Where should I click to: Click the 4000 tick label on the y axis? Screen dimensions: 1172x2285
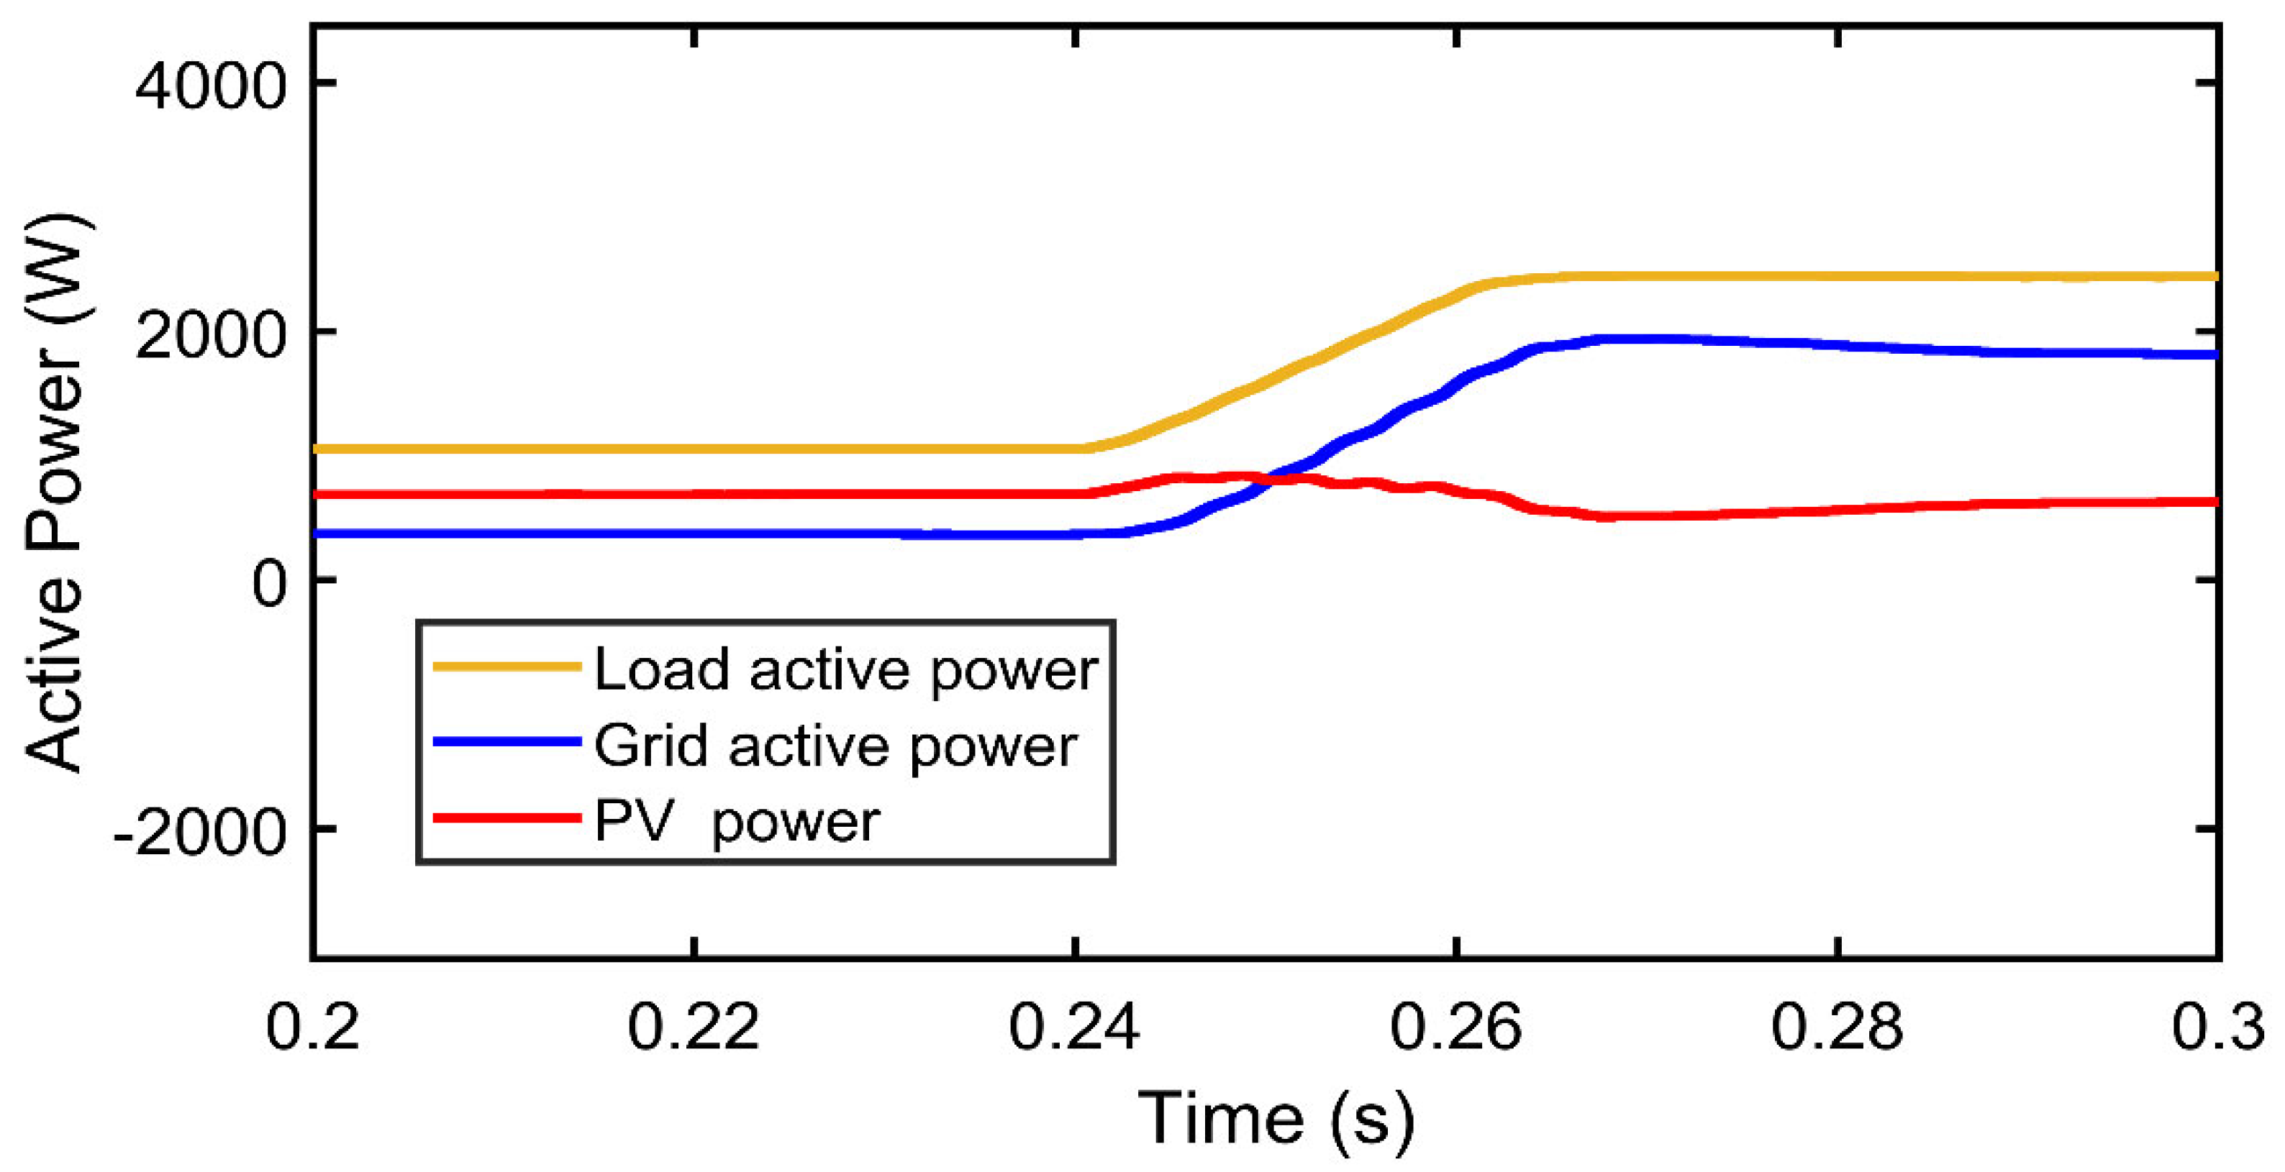coord(210,87)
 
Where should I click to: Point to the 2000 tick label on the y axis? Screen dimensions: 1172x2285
coord(210,336)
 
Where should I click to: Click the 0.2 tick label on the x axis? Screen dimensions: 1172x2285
coord(312,1027)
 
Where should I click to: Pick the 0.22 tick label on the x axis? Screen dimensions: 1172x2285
coord(693,1027)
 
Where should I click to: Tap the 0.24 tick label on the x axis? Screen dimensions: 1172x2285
coord(1074,1027)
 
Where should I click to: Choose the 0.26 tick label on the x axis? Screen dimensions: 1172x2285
coord(1455,1027)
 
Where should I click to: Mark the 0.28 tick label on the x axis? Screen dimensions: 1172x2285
coord(1836,1027)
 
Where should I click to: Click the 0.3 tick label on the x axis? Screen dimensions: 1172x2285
coord(2217,1027)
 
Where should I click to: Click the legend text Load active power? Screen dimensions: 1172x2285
coord(845,669)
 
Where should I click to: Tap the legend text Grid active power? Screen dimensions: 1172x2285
coord(835,746)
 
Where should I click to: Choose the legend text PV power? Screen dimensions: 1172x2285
coord(736,821)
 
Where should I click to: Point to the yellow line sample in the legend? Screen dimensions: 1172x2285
coord(506,666)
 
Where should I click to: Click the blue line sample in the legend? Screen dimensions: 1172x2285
coord(506,741)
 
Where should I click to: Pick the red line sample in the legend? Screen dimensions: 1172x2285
coord(506,818)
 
